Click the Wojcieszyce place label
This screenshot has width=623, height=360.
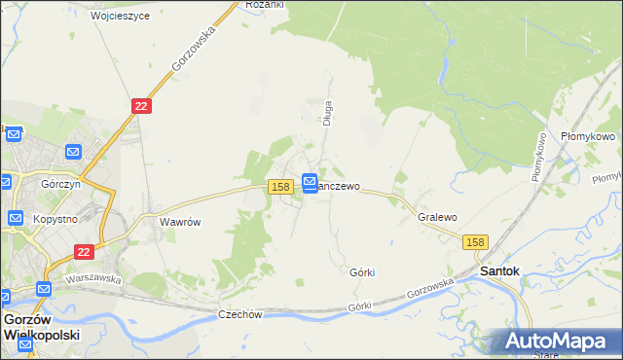(120, 17)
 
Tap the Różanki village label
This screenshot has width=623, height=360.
(264, 5)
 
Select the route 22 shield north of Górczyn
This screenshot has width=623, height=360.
(141, 106)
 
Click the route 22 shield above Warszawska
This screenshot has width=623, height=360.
(83, 251)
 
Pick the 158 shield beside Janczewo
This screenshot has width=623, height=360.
(280, 186)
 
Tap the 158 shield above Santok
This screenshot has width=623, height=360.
(475, 241)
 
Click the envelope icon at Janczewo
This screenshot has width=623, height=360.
(309, 181)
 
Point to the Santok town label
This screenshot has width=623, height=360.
(499, 270)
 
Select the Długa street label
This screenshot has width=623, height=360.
(328, 113)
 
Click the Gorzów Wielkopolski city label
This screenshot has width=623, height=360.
(41, 326)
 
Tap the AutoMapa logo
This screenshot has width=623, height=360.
(559, 341)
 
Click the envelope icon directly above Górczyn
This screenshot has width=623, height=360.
(72, 152)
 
